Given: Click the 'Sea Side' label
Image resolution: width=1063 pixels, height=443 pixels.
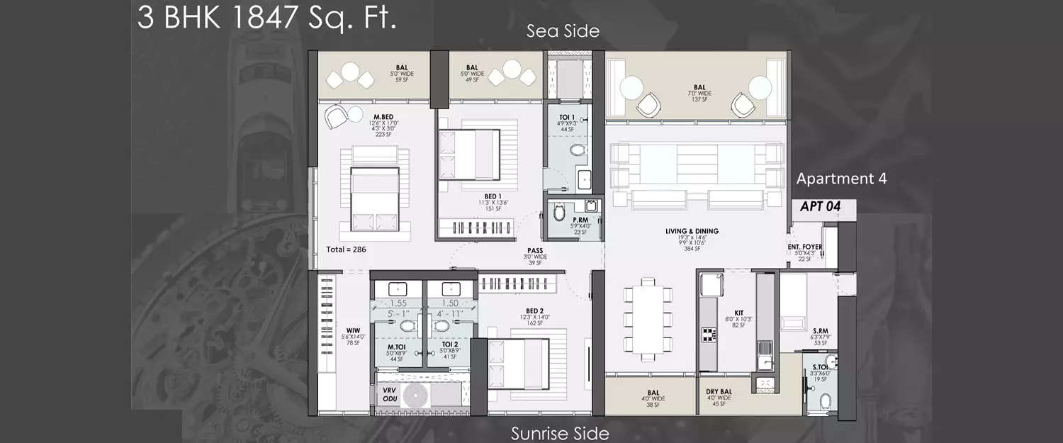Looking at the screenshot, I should pyautogui.click(x=563, y=31).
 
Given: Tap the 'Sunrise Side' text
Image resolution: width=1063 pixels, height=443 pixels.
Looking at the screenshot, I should pyautogui.click(x=560, y=433).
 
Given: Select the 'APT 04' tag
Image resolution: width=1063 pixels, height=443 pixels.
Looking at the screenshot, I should pyautogui.click(x=821, y=207).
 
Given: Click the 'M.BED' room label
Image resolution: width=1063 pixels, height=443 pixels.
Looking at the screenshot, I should pyautogui.click(x=384, y=117).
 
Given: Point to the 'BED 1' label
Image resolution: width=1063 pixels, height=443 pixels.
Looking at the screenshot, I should pyautogui.click(x=493, y=196).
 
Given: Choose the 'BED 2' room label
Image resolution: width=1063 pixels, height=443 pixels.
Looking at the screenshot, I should pyautogui.click(x=535, y=310).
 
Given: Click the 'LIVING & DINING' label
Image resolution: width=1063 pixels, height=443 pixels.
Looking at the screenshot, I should pyautogui.click(x=692, y=231).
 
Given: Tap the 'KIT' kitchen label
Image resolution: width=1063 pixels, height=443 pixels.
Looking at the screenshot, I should pyautogui.click(x=738, y=312).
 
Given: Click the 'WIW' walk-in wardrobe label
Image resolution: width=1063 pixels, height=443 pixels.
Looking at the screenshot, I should pyautogui.click(x=352, y=330).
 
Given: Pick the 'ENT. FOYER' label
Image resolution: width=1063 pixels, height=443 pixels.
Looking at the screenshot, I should pyautogui.click(x=804, y=247).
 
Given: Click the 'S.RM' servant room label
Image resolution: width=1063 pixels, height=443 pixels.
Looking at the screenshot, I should pyautogui.click(x=821, y=330).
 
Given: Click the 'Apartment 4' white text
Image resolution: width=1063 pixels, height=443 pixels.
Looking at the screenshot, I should pyautogui.click(x=841, y=179).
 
